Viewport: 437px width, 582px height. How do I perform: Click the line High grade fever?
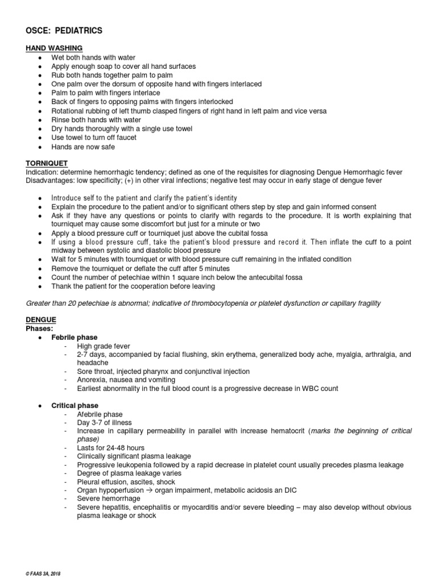(x=104, y=346)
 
